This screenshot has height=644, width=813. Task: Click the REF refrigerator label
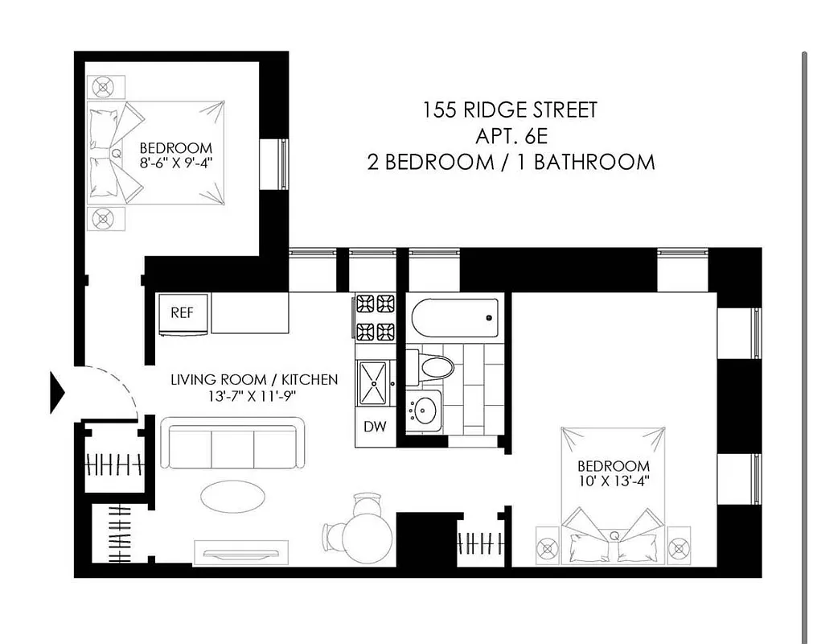point(182,313)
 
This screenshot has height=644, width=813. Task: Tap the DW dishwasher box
point(375,427)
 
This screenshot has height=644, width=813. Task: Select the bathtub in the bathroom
point(455,318)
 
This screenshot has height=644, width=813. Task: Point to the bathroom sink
point(423,411)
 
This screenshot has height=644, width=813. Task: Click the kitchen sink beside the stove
point(374,382)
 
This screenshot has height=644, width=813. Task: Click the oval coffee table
point(232,496)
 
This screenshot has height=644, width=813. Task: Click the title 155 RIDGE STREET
point(511,110)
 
